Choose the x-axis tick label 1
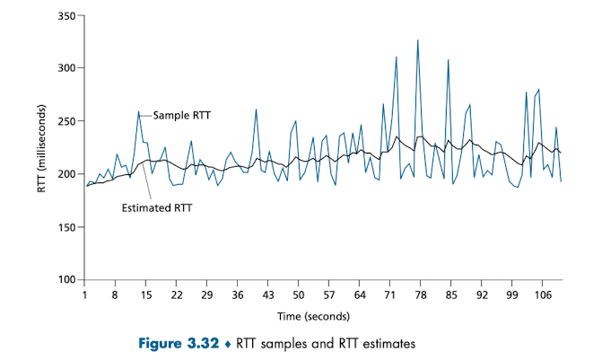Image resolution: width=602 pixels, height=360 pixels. pyautogui.click(x=84, y=294)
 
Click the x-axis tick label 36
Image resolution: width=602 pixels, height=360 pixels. pyautogui.click(x=237, y=294)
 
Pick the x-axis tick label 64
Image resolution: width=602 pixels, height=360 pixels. pyautogui.click(x=359, y=294)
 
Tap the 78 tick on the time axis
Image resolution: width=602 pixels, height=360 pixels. pyautogui.click(x=421, y=294)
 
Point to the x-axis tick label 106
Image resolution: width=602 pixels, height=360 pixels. pyautogui.click(x=543, y=294)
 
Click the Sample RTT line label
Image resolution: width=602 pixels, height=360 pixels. pyautogui.click(x=182, y=115)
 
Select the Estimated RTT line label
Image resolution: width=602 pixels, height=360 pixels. pyautogui.click(x=157, y=207)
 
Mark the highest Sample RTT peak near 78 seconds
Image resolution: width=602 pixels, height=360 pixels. pyautogui.click(x=417, y=40)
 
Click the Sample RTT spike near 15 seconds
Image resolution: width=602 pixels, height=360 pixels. pyautogui.click(x=138, y=112)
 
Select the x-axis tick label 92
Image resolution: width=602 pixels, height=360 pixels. pyautogui.click(x=482, y=294)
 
